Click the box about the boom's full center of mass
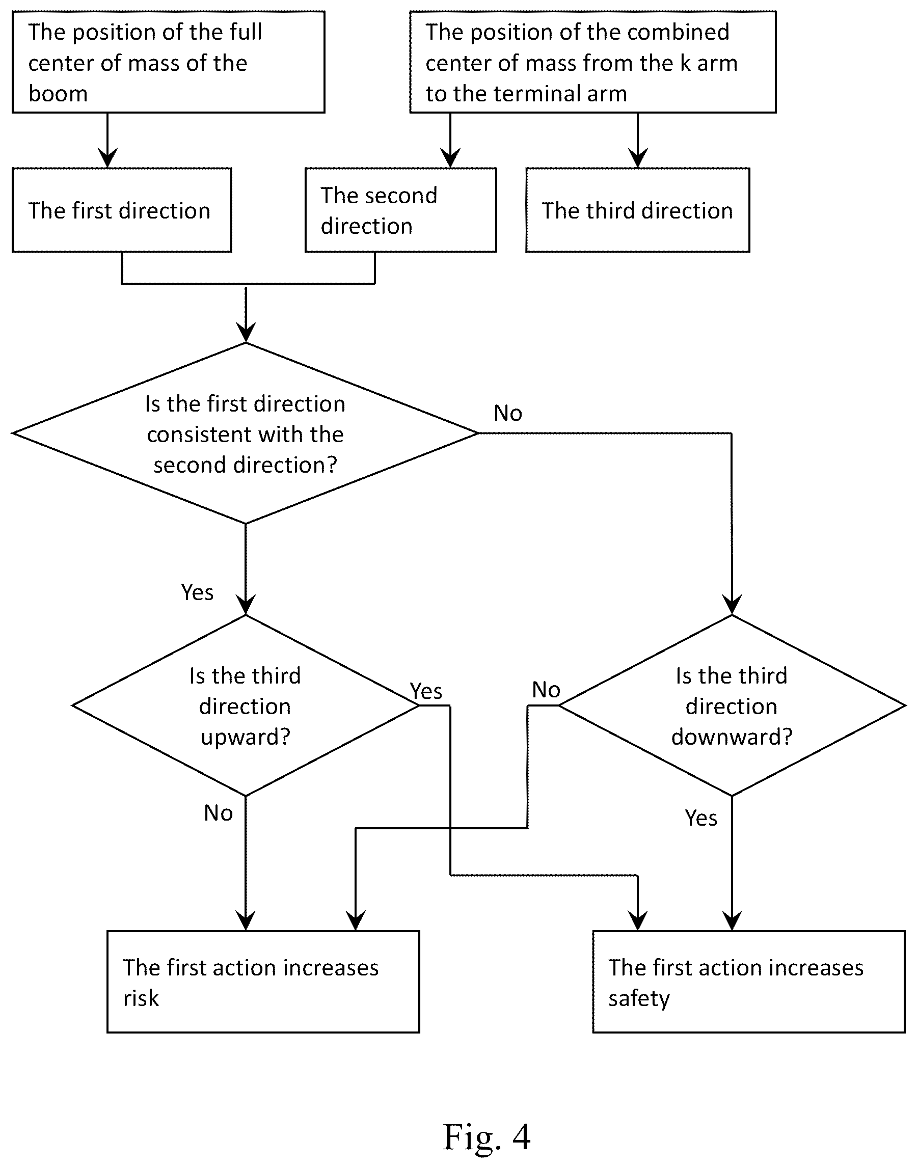168,62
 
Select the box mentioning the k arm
593,62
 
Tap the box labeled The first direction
121,210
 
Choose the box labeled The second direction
400,210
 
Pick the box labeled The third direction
637,210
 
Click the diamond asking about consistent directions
245,433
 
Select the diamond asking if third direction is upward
245,705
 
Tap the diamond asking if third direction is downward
732,705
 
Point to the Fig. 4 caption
487,1136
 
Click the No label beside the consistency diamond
508,413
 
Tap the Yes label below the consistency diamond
197,592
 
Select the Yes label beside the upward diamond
426,691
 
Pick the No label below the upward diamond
218,813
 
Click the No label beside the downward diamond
546,690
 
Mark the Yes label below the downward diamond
701,818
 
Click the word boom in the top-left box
58,94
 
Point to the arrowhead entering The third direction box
638,159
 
